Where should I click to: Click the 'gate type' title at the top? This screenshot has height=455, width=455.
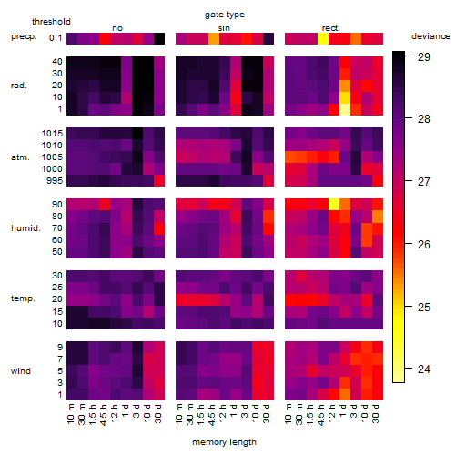click(x=225, y=15)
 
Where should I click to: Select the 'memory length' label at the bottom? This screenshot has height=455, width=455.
click(x=224, y=442)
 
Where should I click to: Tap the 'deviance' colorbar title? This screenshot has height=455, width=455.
click(x=430, y=36)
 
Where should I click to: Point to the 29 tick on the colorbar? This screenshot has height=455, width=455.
click(x=424, y=56)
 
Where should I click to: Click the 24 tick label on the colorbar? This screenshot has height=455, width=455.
click(x=424, y=369)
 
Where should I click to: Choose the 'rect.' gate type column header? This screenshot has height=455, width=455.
click(x=330, y=28)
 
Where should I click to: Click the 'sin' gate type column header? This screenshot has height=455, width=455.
click(x=224, y=28)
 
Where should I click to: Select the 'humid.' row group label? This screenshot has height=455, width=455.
click(x=25, y=228)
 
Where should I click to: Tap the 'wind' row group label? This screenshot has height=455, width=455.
click(x=21, y=371)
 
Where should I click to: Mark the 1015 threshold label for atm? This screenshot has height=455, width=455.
click(x=52, y=134)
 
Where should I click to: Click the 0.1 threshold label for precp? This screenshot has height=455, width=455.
click(x=56, y=38)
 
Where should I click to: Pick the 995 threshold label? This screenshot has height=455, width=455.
click(x=55, y=181)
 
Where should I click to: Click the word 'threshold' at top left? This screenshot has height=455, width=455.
click(x=51, y=22)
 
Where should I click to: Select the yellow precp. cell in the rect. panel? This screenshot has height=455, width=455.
click(x=323, y=38)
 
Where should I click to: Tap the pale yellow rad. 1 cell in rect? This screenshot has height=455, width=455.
click(x=345, y=109)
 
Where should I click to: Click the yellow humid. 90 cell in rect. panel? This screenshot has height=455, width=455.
click(x=334, y=205)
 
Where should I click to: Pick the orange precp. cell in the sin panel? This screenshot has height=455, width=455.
click(x=214, y=38)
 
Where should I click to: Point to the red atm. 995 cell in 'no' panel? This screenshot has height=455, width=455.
click(x=159, y=180)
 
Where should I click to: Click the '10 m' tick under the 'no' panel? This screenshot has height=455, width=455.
click(x=70, y=413)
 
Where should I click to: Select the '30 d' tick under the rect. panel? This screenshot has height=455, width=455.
click(x=376, y=413)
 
